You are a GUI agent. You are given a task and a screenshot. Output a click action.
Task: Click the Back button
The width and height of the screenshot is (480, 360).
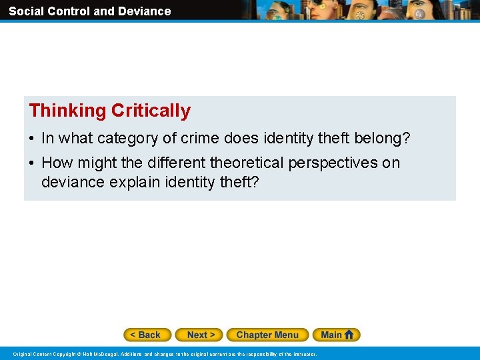click(x=147, y=335)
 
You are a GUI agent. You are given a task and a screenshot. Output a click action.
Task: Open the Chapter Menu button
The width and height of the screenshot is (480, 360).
click(x=267, y=335)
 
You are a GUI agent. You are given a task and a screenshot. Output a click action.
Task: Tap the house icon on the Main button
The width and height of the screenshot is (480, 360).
click(x=349, y=335)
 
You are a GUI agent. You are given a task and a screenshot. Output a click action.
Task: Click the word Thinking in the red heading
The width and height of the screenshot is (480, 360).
click(x=68, y=111)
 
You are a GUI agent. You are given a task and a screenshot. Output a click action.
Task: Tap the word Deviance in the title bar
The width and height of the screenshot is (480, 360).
click(x=145, y=11)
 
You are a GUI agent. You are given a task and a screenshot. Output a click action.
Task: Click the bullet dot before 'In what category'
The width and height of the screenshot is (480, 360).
click(x=32, y=139)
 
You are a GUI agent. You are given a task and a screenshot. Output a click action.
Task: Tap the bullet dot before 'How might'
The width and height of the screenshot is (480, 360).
click(x=32, y=163)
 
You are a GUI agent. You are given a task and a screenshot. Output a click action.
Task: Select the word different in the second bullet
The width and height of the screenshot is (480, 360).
click(x=175, y=163)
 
